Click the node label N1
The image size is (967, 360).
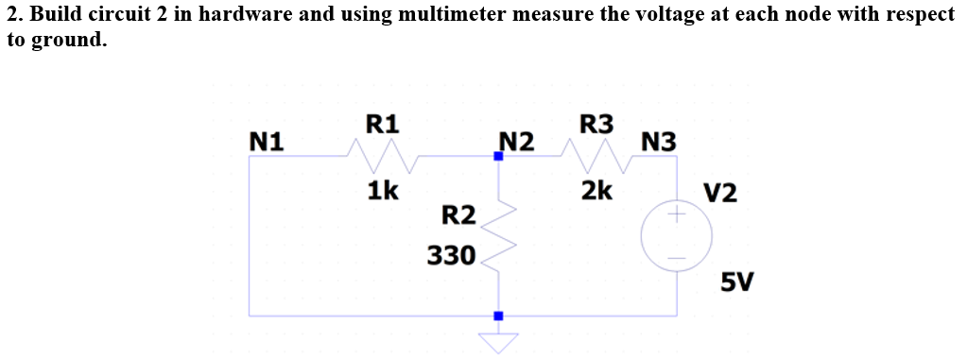click(x=267, y=142)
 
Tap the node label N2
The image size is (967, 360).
click(x=516, y=142)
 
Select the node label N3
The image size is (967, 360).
click(x=658, y=143)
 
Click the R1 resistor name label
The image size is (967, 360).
click(x=382, y=124)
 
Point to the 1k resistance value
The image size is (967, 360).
click(x=382, y=191)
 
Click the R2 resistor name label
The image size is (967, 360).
click(x=458, y=214)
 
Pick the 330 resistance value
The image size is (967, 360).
click(x=449, y=254)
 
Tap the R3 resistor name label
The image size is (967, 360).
click(x=596, y=124)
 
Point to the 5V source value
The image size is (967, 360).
click(x=736, y=282)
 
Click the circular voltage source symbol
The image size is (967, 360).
click(x=676, y=235)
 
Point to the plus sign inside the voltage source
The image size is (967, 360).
click(x=676, y=216)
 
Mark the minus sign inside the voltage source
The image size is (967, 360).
click(x=676, y=256)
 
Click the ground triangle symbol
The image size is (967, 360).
click(x=498, y=341)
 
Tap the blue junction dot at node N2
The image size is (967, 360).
click(x=498, y=157)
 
